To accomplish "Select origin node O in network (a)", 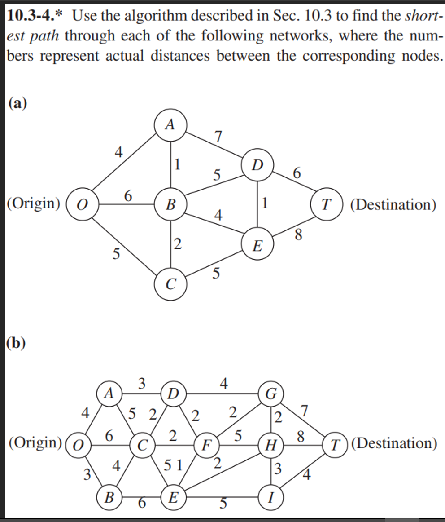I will tap(82, 205).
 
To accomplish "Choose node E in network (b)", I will tap(173, 496).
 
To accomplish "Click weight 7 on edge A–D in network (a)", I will tap(218, 136).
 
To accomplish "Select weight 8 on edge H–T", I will tap(301, 436).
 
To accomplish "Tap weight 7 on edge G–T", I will tap(305, 410).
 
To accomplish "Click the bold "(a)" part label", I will tap(17, 103).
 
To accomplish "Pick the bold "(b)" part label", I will tap(17, 343).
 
